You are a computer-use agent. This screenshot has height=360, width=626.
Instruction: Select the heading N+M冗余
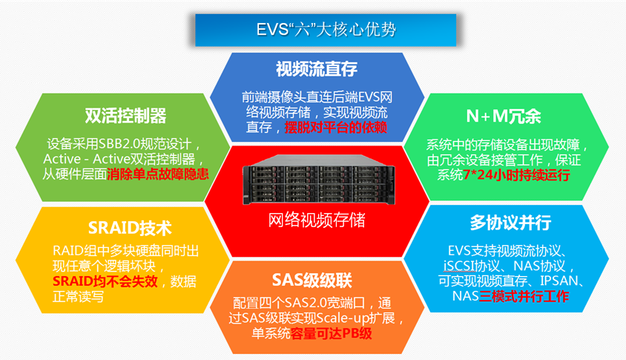click(x=504, y=117)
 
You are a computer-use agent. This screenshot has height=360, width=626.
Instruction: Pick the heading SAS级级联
click(x=312, y=280)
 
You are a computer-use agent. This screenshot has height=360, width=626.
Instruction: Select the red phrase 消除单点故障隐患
click(x=158, y=175)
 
